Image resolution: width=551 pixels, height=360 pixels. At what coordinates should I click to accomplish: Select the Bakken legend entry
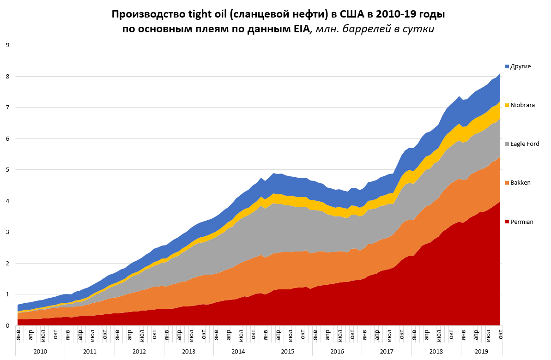(520, 183)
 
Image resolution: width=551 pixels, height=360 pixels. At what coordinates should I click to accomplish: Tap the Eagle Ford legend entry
(524, 144)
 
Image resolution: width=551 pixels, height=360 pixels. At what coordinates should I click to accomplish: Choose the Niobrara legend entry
(522, 105)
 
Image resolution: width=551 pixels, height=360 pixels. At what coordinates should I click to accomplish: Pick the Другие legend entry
(521, 66)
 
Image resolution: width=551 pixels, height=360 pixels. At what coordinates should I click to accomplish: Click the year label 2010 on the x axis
(40, 352)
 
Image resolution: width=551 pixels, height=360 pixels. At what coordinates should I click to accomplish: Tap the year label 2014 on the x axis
(238, 352)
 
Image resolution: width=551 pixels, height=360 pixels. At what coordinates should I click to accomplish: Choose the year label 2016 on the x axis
(337, 352)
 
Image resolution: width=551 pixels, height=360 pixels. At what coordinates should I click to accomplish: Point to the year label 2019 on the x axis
(481, 352)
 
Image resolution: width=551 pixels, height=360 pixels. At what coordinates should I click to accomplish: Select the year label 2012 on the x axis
(139, 352)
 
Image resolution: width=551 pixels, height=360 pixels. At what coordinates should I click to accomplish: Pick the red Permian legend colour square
(507, 222)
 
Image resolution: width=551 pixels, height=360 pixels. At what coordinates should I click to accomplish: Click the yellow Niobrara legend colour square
(507, 105)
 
